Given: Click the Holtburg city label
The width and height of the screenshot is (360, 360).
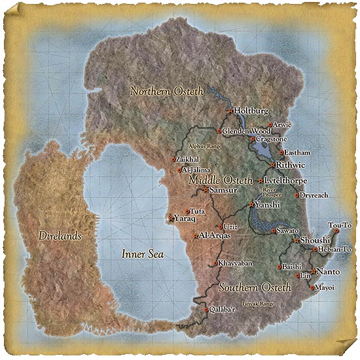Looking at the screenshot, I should [251, 111].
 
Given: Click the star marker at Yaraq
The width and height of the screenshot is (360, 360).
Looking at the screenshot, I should [171, 219].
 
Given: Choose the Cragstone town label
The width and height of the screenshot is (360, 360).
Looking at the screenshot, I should [273, 139].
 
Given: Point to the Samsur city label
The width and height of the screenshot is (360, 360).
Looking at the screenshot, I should [223, 190].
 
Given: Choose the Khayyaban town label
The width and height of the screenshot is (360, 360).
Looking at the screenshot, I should [235, 263].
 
